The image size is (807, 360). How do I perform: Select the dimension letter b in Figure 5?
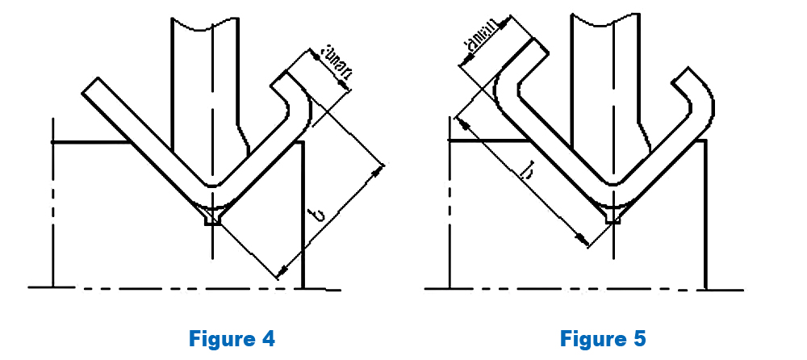tap(529, 172)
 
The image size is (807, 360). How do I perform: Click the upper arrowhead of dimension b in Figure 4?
tap(380, 170)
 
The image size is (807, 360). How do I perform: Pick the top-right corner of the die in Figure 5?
tap(706, 141)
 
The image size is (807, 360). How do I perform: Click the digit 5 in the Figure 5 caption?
tap(640, 338)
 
